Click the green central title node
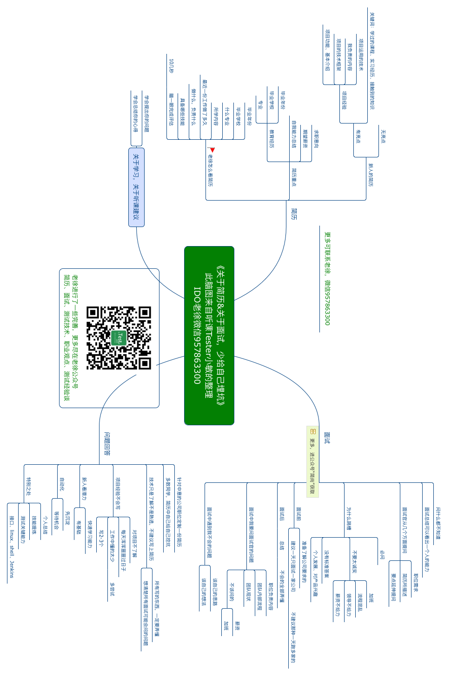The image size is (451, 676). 209,335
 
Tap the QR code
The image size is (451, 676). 119,338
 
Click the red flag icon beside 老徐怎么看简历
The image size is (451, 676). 212,150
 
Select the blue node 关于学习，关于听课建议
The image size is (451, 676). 136,187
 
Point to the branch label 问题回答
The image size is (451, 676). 107,443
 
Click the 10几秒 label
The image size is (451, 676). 172,65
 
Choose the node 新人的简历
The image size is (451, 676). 371,175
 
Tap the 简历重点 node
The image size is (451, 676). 293,177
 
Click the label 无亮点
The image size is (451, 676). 383,136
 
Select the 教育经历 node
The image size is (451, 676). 272,138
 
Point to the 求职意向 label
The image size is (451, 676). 316,139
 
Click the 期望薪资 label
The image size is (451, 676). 305,139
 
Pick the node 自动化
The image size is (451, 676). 62,484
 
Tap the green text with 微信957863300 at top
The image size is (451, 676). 327,279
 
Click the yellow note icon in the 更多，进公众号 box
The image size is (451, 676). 312,431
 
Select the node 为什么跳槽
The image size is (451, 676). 349,518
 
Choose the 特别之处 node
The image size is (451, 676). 28,486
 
